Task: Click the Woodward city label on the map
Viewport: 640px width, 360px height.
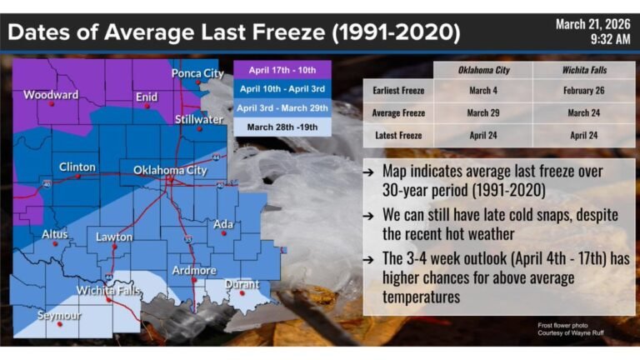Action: [x=51, y=94]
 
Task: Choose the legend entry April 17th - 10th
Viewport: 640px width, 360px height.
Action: [x=282, y=70]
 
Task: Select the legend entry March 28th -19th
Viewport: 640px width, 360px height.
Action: [x=282, y=127]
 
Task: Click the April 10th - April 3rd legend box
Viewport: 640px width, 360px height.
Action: [x=282, y=89]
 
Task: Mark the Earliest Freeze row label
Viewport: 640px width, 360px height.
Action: [x=397, y=91]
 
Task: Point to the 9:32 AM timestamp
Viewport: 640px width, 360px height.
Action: [x=610, y=38]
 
